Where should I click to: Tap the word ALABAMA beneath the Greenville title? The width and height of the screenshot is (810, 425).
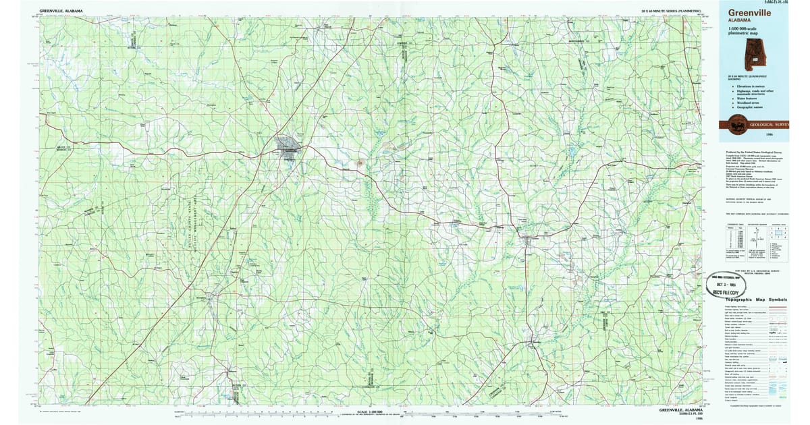(739, 21)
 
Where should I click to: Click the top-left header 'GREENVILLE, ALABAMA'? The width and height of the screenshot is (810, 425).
(61, 11)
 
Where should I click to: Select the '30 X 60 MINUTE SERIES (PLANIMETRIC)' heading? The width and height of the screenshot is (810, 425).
(670, 11)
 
